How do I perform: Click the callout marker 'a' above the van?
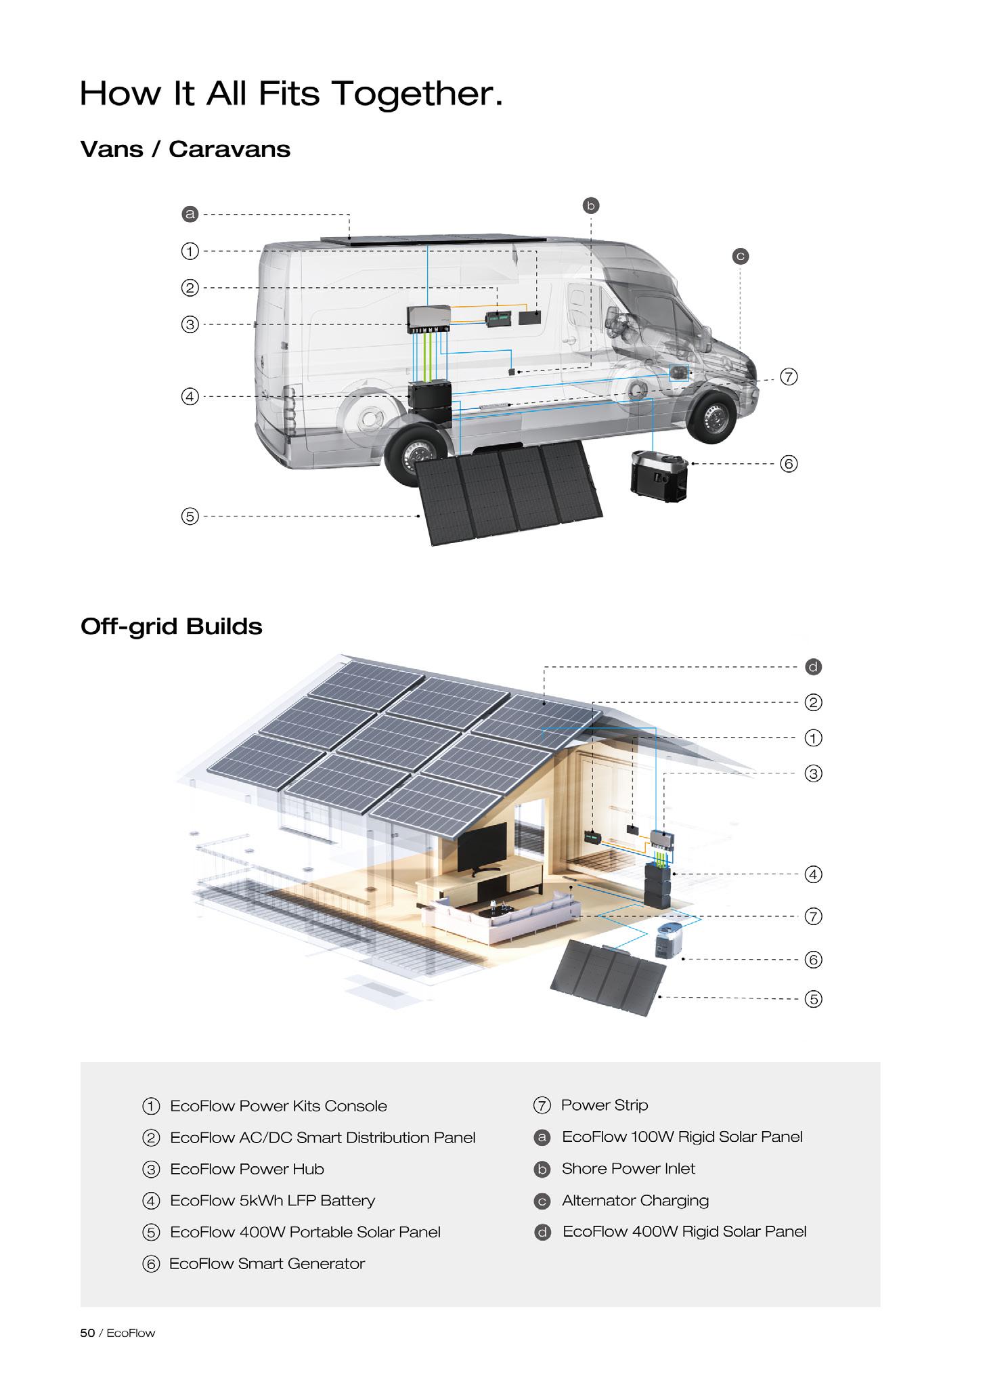click(x=190, y=215)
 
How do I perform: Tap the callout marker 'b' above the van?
click(x=591, y=205)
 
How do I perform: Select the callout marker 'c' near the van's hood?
click(x=741, y=257)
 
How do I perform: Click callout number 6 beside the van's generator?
click(x=789, y=464)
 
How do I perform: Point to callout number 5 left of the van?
click(x=190, y=516)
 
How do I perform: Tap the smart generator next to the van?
click(x=658, y=475)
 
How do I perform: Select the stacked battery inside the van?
click(x=430, y=404)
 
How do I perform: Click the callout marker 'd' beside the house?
click(x=813, y=667)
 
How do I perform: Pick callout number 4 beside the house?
click(x=813, y=874)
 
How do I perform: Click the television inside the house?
click(x=482, y=847)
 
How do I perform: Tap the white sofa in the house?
click(x=500, y=918)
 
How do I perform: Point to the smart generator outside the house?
click(x=669, y=941)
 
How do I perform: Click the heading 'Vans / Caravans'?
click(x=185, y=149)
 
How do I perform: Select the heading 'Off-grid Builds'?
click(x=171, y=626)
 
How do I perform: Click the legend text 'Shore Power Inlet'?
click(x=628, y=1169)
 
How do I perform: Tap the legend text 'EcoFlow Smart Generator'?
click(x=267, y=1264)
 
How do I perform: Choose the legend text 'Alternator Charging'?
click(x=635, y=1201)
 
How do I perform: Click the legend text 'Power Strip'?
click(x=605, y=1105)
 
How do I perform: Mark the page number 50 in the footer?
click(x=87, y=1333)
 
